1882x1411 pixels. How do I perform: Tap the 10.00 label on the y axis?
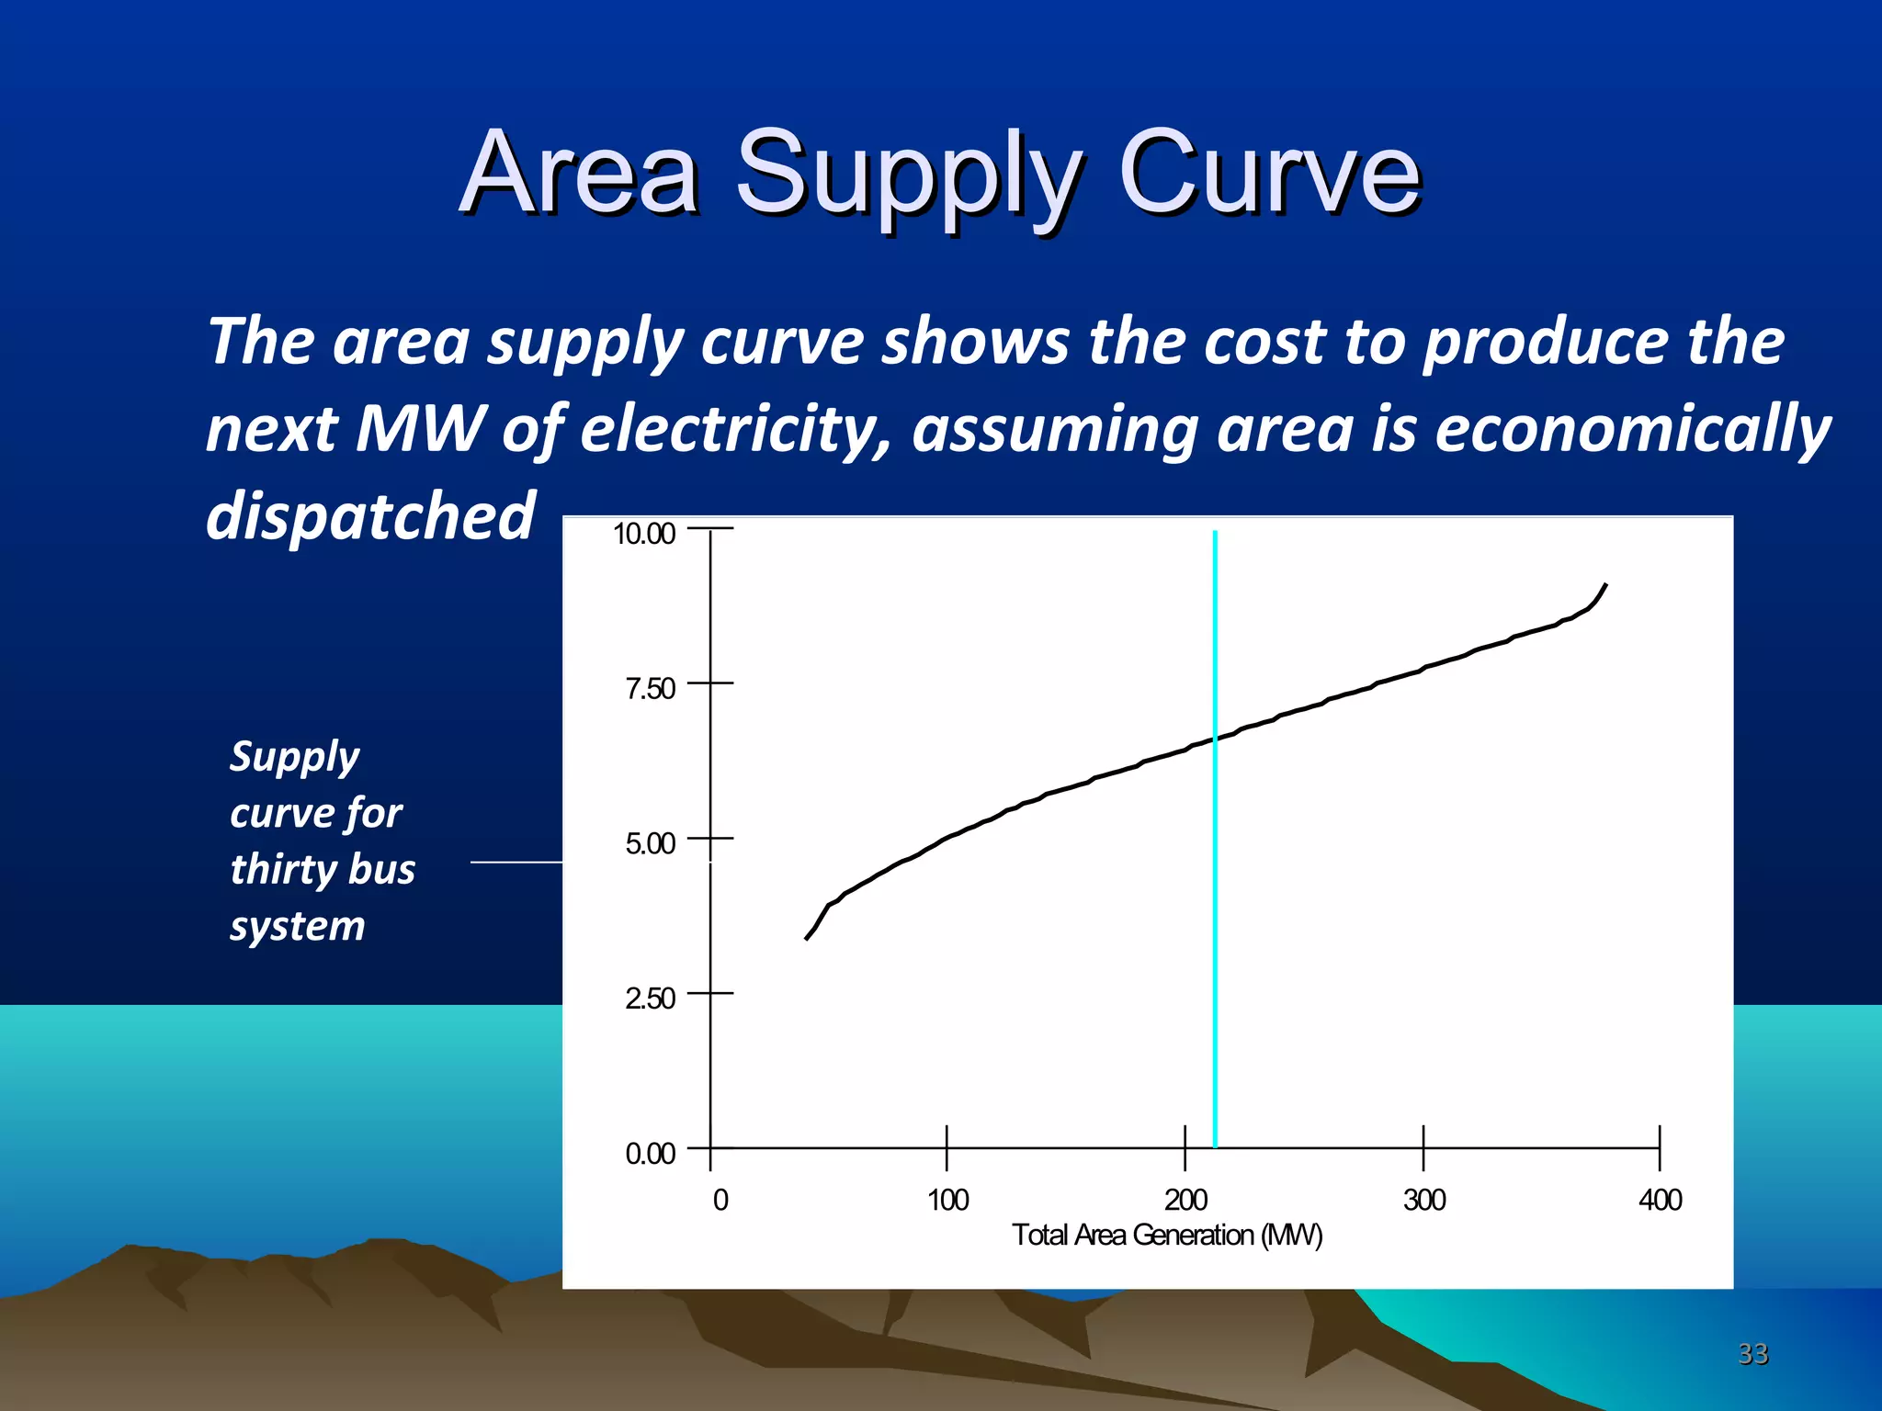643,534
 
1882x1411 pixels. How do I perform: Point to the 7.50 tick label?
650,689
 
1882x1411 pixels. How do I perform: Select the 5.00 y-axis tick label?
650,843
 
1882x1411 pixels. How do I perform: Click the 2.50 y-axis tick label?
650,999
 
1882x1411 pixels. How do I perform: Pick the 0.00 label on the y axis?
650,1154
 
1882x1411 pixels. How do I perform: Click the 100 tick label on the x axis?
947,1200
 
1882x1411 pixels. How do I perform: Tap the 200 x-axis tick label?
1185,1200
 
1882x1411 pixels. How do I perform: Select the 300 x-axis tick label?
1423,1200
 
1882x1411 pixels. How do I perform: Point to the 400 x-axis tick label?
1660,1200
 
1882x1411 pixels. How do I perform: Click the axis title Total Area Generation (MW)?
1167,1236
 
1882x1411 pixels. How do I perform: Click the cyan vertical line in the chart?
1215,919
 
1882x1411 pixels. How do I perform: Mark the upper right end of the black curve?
1604,585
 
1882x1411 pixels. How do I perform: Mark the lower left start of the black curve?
807,938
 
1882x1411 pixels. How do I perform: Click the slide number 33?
1752,1353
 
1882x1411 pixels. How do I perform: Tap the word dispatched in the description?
370,516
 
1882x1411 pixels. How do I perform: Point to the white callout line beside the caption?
516,862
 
